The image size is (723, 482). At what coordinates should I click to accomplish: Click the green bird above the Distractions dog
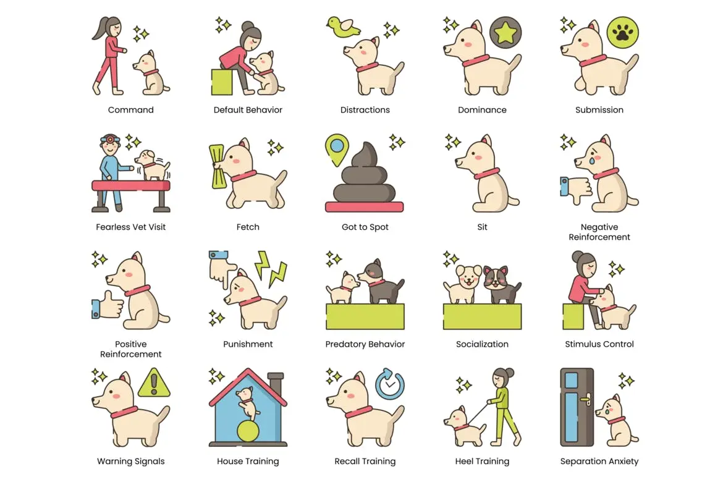pos(342,27)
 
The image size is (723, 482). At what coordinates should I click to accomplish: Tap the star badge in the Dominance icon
pos(505,32)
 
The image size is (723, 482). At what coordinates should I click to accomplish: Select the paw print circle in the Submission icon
pos(622,32)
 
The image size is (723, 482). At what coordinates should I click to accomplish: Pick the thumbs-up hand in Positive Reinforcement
pos(108,305)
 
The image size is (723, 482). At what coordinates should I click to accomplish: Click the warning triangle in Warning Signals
pos(154,383)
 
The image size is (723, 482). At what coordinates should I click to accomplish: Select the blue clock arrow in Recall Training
pos(390,384)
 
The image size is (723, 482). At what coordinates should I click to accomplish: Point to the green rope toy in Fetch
pos(217,166)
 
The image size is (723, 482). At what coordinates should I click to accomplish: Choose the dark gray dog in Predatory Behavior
pos(381,281)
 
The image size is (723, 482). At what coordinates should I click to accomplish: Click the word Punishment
pos(248,344)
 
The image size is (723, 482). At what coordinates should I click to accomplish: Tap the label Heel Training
pos(482,461)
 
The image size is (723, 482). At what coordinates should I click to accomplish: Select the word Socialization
pos(482,344)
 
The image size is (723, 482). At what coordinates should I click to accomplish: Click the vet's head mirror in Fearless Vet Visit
pos(111,139)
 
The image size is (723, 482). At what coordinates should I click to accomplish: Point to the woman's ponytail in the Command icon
pos(100,28)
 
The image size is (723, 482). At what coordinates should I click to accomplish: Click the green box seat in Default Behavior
pos(222,82)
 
